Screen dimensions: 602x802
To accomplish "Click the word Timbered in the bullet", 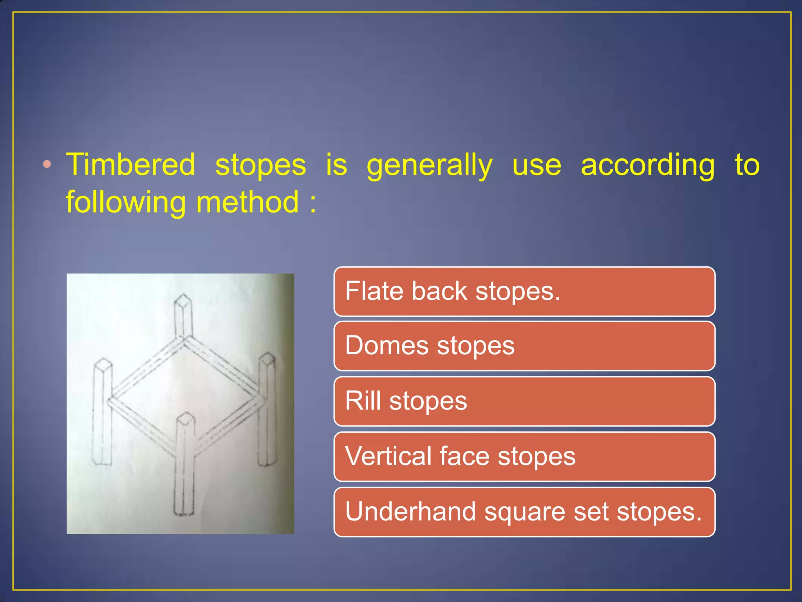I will [x=130, y=165].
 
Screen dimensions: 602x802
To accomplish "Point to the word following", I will [x=125, y=203].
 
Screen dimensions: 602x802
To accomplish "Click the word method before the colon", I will [x=247, y=202].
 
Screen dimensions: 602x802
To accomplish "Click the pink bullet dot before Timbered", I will [x=47, y=165].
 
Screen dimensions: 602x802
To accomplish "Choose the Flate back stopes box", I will [x=524, y=292].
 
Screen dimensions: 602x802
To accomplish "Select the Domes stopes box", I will [x=524, y=346].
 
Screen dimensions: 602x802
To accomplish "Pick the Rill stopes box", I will [x=524, y=401].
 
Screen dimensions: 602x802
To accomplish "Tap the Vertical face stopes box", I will [x=524, y=457].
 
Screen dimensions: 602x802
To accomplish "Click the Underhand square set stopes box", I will [x=524, y=512].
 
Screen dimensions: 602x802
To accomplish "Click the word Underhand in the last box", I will [x=410, y=512].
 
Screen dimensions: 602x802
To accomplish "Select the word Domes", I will [x=387, y=346].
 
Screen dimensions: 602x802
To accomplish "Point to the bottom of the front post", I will [x=184, y=512].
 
